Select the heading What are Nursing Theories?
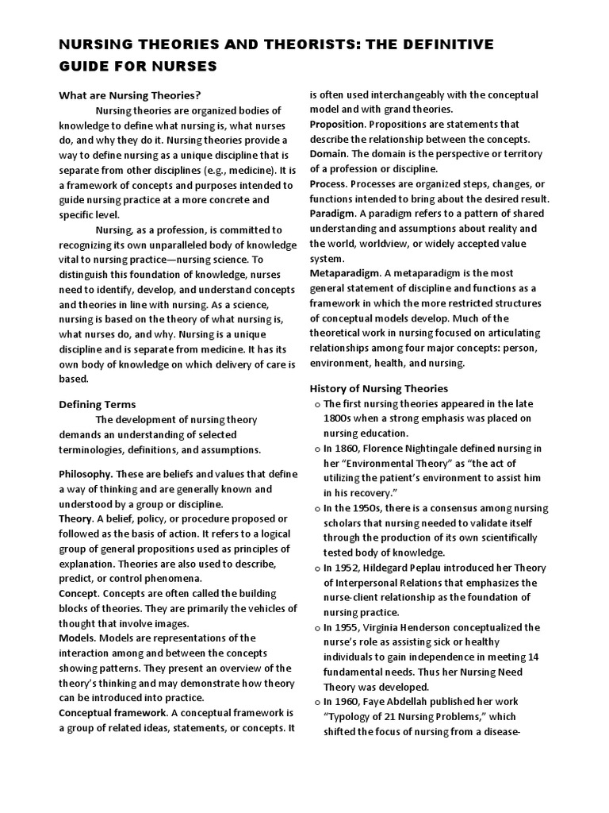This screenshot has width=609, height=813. (130, 94)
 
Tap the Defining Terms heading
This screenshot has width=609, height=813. (98, 404)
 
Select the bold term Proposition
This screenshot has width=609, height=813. (337, 124)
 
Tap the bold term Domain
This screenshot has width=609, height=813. (328, 153)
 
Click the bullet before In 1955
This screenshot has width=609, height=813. (316, 628)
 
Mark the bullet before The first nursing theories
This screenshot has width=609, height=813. (316, 404)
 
